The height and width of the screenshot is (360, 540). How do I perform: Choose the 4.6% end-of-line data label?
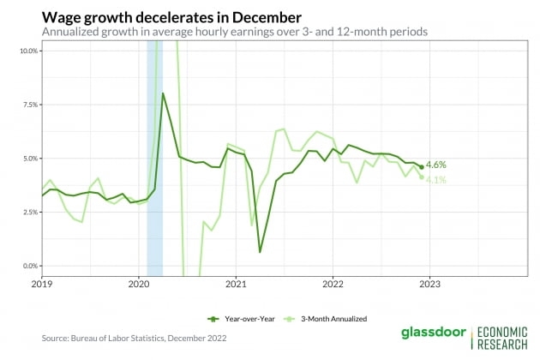pyautogui.click(x=435, y=165)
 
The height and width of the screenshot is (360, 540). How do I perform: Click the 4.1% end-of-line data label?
pyautogui.click(x=435, y=179)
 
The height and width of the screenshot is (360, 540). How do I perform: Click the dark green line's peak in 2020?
pyautogui.click(x=163, y=93)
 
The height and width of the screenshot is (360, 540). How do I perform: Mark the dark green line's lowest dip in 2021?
pyautogui.click(x=260, y=252)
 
